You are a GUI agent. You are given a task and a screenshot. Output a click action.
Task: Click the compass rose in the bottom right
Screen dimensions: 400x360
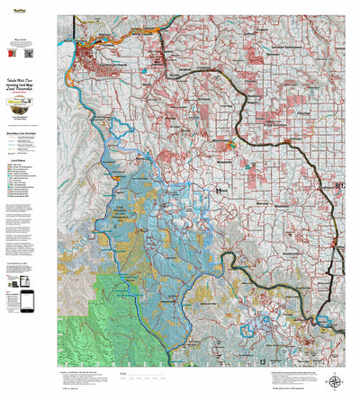(x=335, y=381)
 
